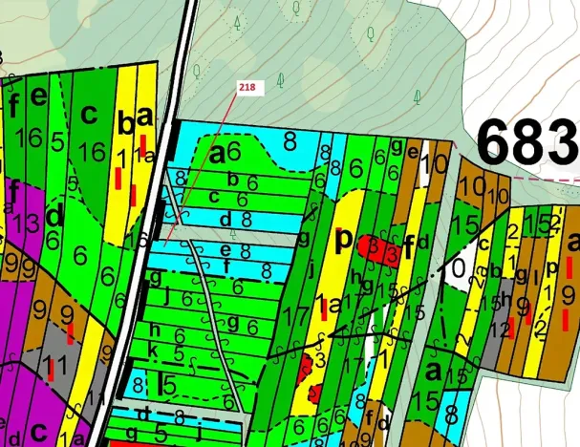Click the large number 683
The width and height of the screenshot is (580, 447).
pos(528,143)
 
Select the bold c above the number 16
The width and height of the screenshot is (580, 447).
pos(90,115)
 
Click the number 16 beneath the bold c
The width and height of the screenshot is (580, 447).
pos(92,154)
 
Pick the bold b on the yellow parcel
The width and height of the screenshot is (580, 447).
pos(124,123)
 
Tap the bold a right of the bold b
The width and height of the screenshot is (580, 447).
pos(144,117)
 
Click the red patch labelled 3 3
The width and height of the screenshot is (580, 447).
pos(381,251)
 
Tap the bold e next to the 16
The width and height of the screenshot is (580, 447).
pos(38,96)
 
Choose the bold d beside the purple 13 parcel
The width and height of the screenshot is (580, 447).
pos(54,217)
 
